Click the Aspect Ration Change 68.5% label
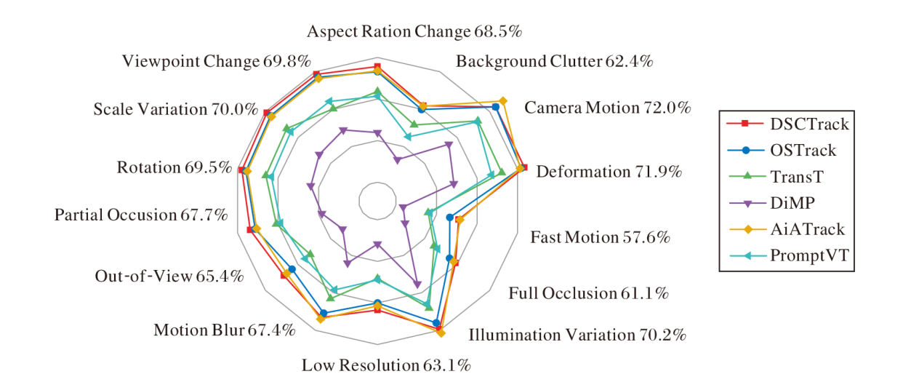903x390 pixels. click(x=414, y=32)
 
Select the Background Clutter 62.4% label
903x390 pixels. click(x=554, y=62)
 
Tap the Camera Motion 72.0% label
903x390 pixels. click(x=607, y=108)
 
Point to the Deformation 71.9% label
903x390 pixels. click(x=609, y=172)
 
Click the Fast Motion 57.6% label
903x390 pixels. click(x=600, y=237)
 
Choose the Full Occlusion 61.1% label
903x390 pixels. click(x=588, y=293)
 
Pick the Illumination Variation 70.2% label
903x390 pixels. click(x=577, y=335)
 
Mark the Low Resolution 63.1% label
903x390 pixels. click(x=386, y=365)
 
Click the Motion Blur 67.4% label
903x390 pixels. click(x=225, y=330)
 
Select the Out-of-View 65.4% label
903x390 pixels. click(x=169, y=276)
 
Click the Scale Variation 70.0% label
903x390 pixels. click(x=176, y=110)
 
